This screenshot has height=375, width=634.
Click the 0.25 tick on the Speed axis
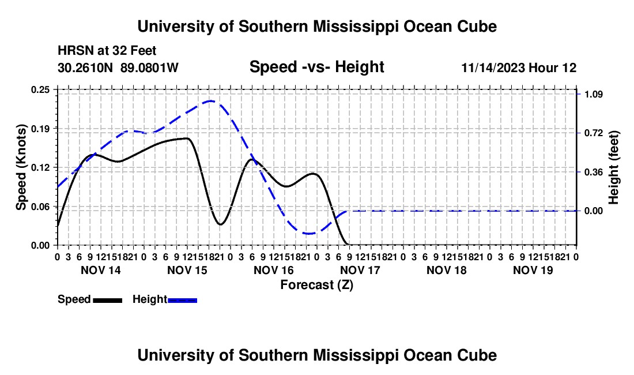click(40, 89)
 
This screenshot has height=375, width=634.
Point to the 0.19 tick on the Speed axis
click(40, 129)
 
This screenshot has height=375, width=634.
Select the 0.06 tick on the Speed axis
click(40, 207)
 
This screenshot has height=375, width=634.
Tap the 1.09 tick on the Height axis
click(594, 94)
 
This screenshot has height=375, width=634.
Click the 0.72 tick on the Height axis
click(594, 133)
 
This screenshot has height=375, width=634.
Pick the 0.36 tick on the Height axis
click(594, 172)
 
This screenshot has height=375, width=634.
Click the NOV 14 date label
click(101, 270)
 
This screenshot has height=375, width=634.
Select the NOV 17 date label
click(360, 270)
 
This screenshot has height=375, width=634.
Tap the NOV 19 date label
click(533, 270)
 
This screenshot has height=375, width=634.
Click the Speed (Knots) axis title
click(21, 167)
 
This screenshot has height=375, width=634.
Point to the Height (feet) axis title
click(613, 167)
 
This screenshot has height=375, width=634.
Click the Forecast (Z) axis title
click(316, 285)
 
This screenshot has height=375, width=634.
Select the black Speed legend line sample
click(108, 300)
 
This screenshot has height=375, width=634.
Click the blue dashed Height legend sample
click(182, 300)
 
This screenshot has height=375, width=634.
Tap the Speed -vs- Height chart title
click(316, 67)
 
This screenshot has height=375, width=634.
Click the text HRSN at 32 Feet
click(107, 51)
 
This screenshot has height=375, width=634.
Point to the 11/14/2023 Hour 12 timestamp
click(519, 67)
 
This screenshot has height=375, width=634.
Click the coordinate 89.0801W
click(149, 67)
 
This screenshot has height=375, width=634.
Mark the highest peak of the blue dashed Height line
click(210, 101)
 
